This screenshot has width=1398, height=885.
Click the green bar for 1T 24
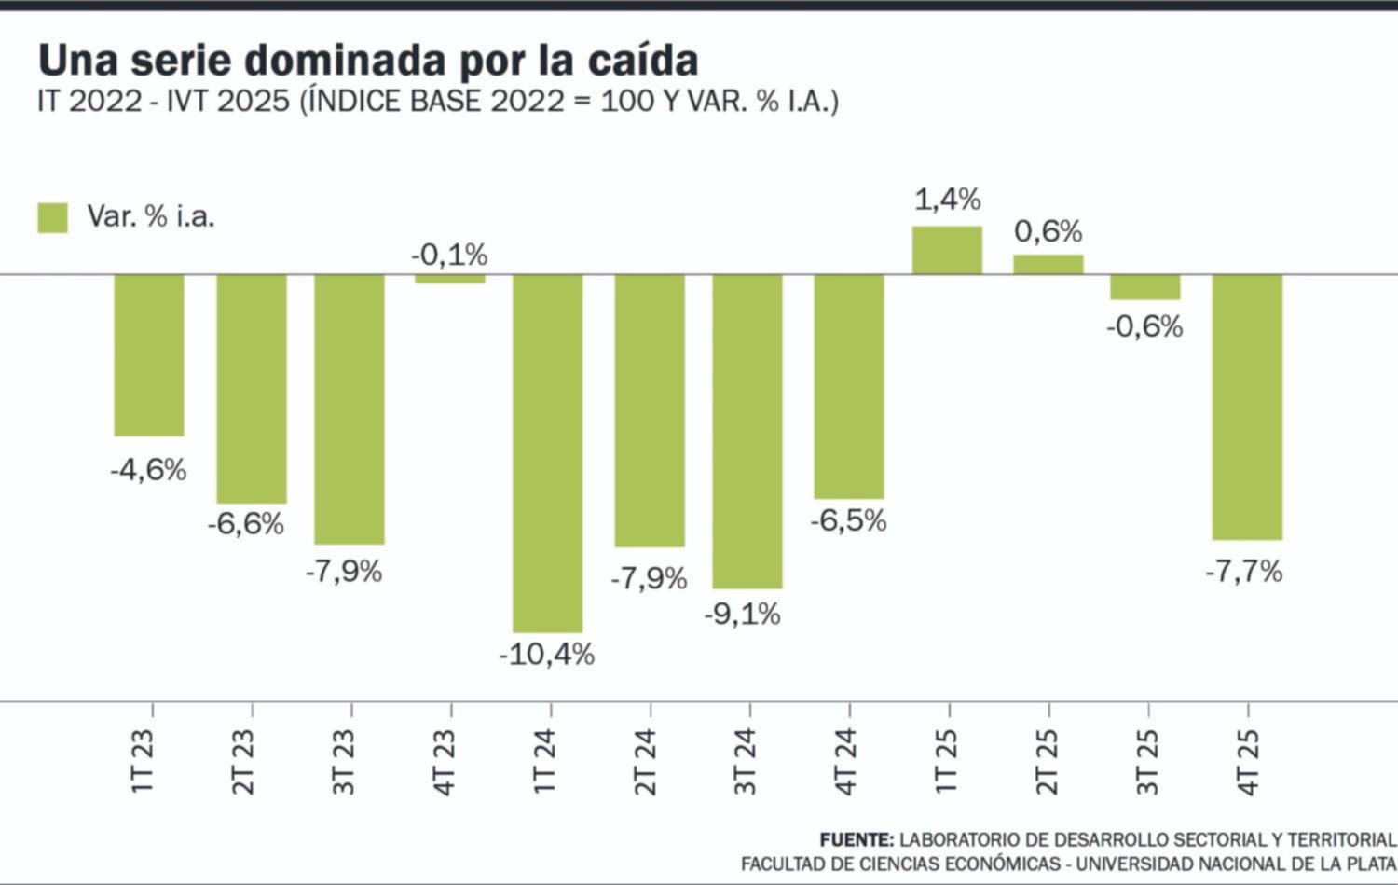(547, 452)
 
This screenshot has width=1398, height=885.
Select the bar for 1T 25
(947, 250)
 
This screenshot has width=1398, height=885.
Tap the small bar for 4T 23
(450, 279)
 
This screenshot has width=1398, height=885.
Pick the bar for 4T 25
(1247, 407)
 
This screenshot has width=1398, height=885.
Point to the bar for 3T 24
(747, 431)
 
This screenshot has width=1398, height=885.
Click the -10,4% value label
(547, 655)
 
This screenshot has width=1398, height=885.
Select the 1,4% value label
(947, 200)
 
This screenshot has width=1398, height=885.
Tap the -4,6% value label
(149, 470)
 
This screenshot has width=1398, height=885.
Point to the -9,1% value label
(743, 615)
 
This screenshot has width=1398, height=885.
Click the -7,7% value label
(1244, 572)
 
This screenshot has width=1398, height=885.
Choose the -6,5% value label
(848, 520)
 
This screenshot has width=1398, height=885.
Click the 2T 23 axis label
(243, 761)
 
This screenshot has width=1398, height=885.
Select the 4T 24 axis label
(845, 761)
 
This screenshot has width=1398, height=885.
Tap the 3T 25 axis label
(1148, 761)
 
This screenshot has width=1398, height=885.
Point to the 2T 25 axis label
(1047, 761)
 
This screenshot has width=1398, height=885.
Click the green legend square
(53, 217)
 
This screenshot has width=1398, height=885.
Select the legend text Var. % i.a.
(151, 216)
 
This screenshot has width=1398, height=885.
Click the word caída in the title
(643, 60)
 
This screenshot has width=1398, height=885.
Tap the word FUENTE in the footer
(856, 840)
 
